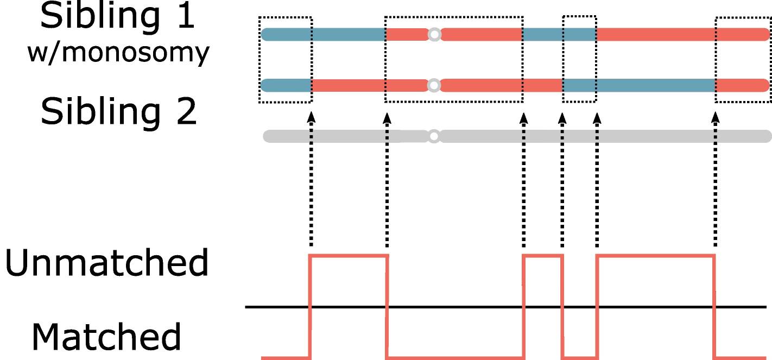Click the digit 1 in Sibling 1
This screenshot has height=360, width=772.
click(186, 16)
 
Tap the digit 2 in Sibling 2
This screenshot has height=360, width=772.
click(186, 111)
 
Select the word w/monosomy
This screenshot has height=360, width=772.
click(118, 53)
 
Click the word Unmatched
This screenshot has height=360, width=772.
click(106, 262)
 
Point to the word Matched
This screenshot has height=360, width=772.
click(106, 337)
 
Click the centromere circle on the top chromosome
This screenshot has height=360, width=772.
click(434, 35)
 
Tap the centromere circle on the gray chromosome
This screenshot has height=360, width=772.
click(434, 136)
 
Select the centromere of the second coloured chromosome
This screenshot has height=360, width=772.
click(434, 85)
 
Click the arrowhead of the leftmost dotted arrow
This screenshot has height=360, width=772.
click(311, 117)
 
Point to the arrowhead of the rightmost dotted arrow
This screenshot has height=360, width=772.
click(716, 117)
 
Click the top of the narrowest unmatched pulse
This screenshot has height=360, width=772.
click(543, 256)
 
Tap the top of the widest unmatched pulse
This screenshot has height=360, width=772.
click(656, 256)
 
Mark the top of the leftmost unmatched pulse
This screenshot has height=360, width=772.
click(349, 256)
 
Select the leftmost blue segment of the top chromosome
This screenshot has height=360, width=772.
click(323, 35)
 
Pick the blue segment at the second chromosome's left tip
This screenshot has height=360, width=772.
click(286, 85)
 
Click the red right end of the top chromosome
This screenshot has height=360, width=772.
click(683, 35)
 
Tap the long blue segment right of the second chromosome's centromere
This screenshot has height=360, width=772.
click(639, 85)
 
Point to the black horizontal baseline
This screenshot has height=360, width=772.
click(505, 307)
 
